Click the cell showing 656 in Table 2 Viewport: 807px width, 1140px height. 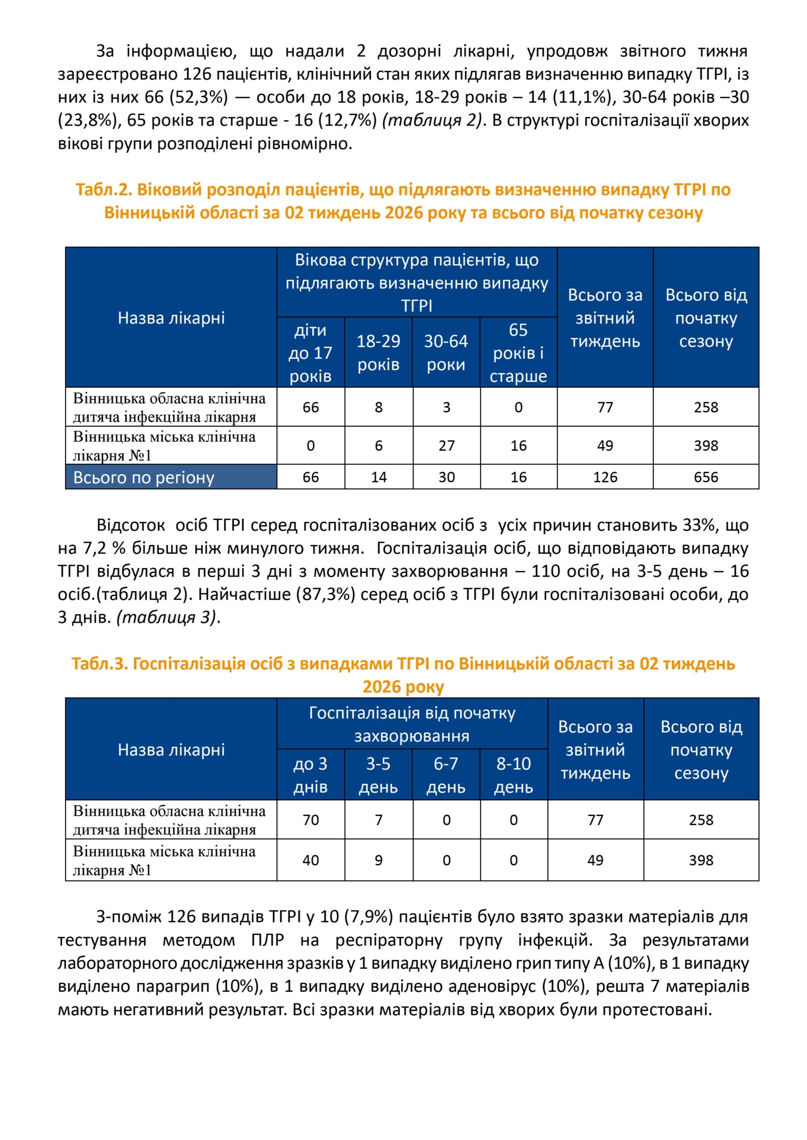[705, 477]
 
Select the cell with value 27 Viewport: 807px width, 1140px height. [446, 446]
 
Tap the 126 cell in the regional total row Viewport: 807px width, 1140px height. [605, 477]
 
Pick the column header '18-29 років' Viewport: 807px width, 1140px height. [378, 353]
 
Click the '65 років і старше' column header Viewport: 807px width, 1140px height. [518, 353]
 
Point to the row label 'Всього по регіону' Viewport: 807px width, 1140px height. [144, 477]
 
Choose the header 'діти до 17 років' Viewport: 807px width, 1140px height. [310, 353]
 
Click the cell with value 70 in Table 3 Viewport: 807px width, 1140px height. [310, 820]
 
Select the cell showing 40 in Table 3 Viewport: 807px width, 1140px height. [310, 860]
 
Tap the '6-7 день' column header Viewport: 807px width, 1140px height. [446, 775]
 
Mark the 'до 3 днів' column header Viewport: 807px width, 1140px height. [310, 775]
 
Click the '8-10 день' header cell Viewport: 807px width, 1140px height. [513, 775]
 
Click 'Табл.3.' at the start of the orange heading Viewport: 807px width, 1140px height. [99, 664]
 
